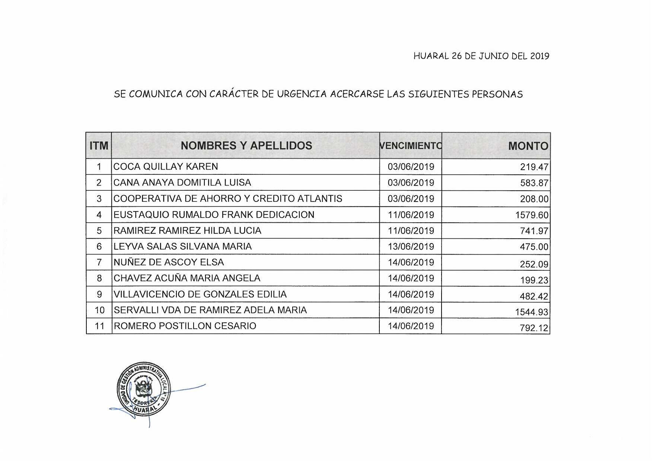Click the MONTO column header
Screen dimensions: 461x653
pyautogui.click(x=528, y=146)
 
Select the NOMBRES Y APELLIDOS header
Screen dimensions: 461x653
pyautogui.click(x=246, y=146)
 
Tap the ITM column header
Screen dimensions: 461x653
pyautogui.click(x=99, y=146)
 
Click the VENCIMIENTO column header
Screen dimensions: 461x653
pyautogui.click(x=411, y=146)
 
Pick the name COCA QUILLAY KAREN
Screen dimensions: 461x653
pyautogui.click(x=166, y=167)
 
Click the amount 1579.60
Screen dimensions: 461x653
pyautogui.click(x=532, y=215)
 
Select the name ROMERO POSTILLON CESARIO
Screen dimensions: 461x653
pyautogui.click(x=185, y=326)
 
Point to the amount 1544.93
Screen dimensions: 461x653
pyautogui.click(x=532, y=312)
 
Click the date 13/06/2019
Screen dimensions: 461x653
pyautogui.click(x=411, y=246)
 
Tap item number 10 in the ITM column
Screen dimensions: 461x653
pyautogui.click(x=99, y=310)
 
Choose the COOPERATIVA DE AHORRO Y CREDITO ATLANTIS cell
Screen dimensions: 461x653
pyautogui.click(x=227, y=199)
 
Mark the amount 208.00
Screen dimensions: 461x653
pyautogui.click(x=534, y=199)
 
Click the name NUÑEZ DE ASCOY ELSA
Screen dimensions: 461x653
pyautogui.click(x=169, y=262)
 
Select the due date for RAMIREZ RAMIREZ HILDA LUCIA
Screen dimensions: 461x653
pyautogui.click(x=411, y=230)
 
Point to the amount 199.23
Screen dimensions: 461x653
pyautogui.click(x=534, y=280)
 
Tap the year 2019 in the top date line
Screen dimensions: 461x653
pyautogui.click(x=539, y=56)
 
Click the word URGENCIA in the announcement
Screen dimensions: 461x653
pyautogui.click(x=302, y=94)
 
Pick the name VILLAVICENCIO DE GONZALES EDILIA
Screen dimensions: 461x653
pyautogui.click(x=200, y=294)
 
